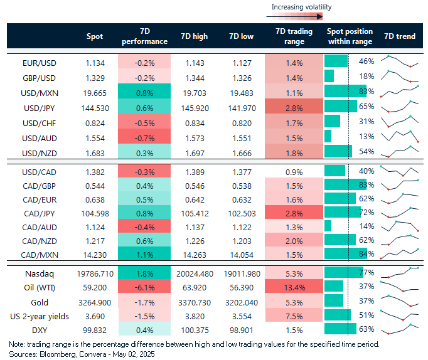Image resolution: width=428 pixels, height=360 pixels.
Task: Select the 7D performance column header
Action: [x=144, y=36]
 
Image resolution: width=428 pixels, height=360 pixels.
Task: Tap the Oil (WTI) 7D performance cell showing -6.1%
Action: [x=144, y=287]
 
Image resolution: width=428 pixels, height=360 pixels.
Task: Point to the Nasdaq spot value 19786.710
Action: [x=94, y=273]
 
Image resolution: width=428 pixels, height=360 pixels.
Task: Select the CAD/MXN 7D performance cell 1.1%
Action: [x=144, y=254]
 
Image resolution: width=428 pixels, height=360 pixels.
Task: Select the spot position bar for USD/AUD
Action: [x=328, y=136]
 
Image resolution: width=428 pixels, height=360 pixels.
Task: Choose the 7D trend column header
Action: [x=400, y=36]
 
